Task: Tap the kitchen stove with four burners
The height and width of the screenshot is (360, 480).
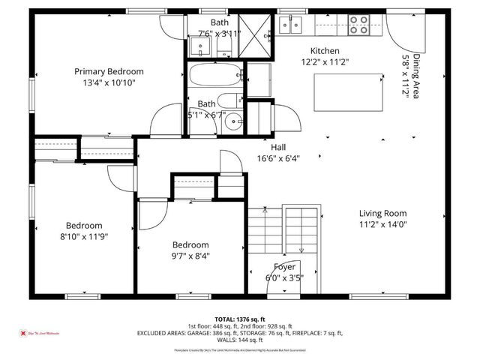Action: tap(358, 26)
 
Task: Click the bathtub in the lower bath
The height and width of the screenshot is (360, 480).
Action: tap(214, 76)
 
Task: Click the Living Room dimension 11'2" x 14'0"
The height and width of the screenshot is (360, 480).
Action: tap(382, 223)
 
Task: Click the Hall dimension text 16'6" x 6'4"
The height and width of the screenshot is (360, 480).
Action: tap(279, 158)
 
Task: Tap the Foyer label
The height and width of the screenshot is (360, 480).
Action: tap(284, 267)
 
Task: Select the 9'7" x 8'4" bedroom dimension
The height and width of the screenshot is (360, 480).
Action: tap(190, 256)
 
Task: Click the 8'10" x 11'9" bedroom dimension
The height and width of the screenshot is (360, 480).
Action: tap(83, 236)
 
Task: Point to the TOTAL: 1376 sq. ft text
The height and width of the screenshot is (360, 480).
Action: tap(239, 319)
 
